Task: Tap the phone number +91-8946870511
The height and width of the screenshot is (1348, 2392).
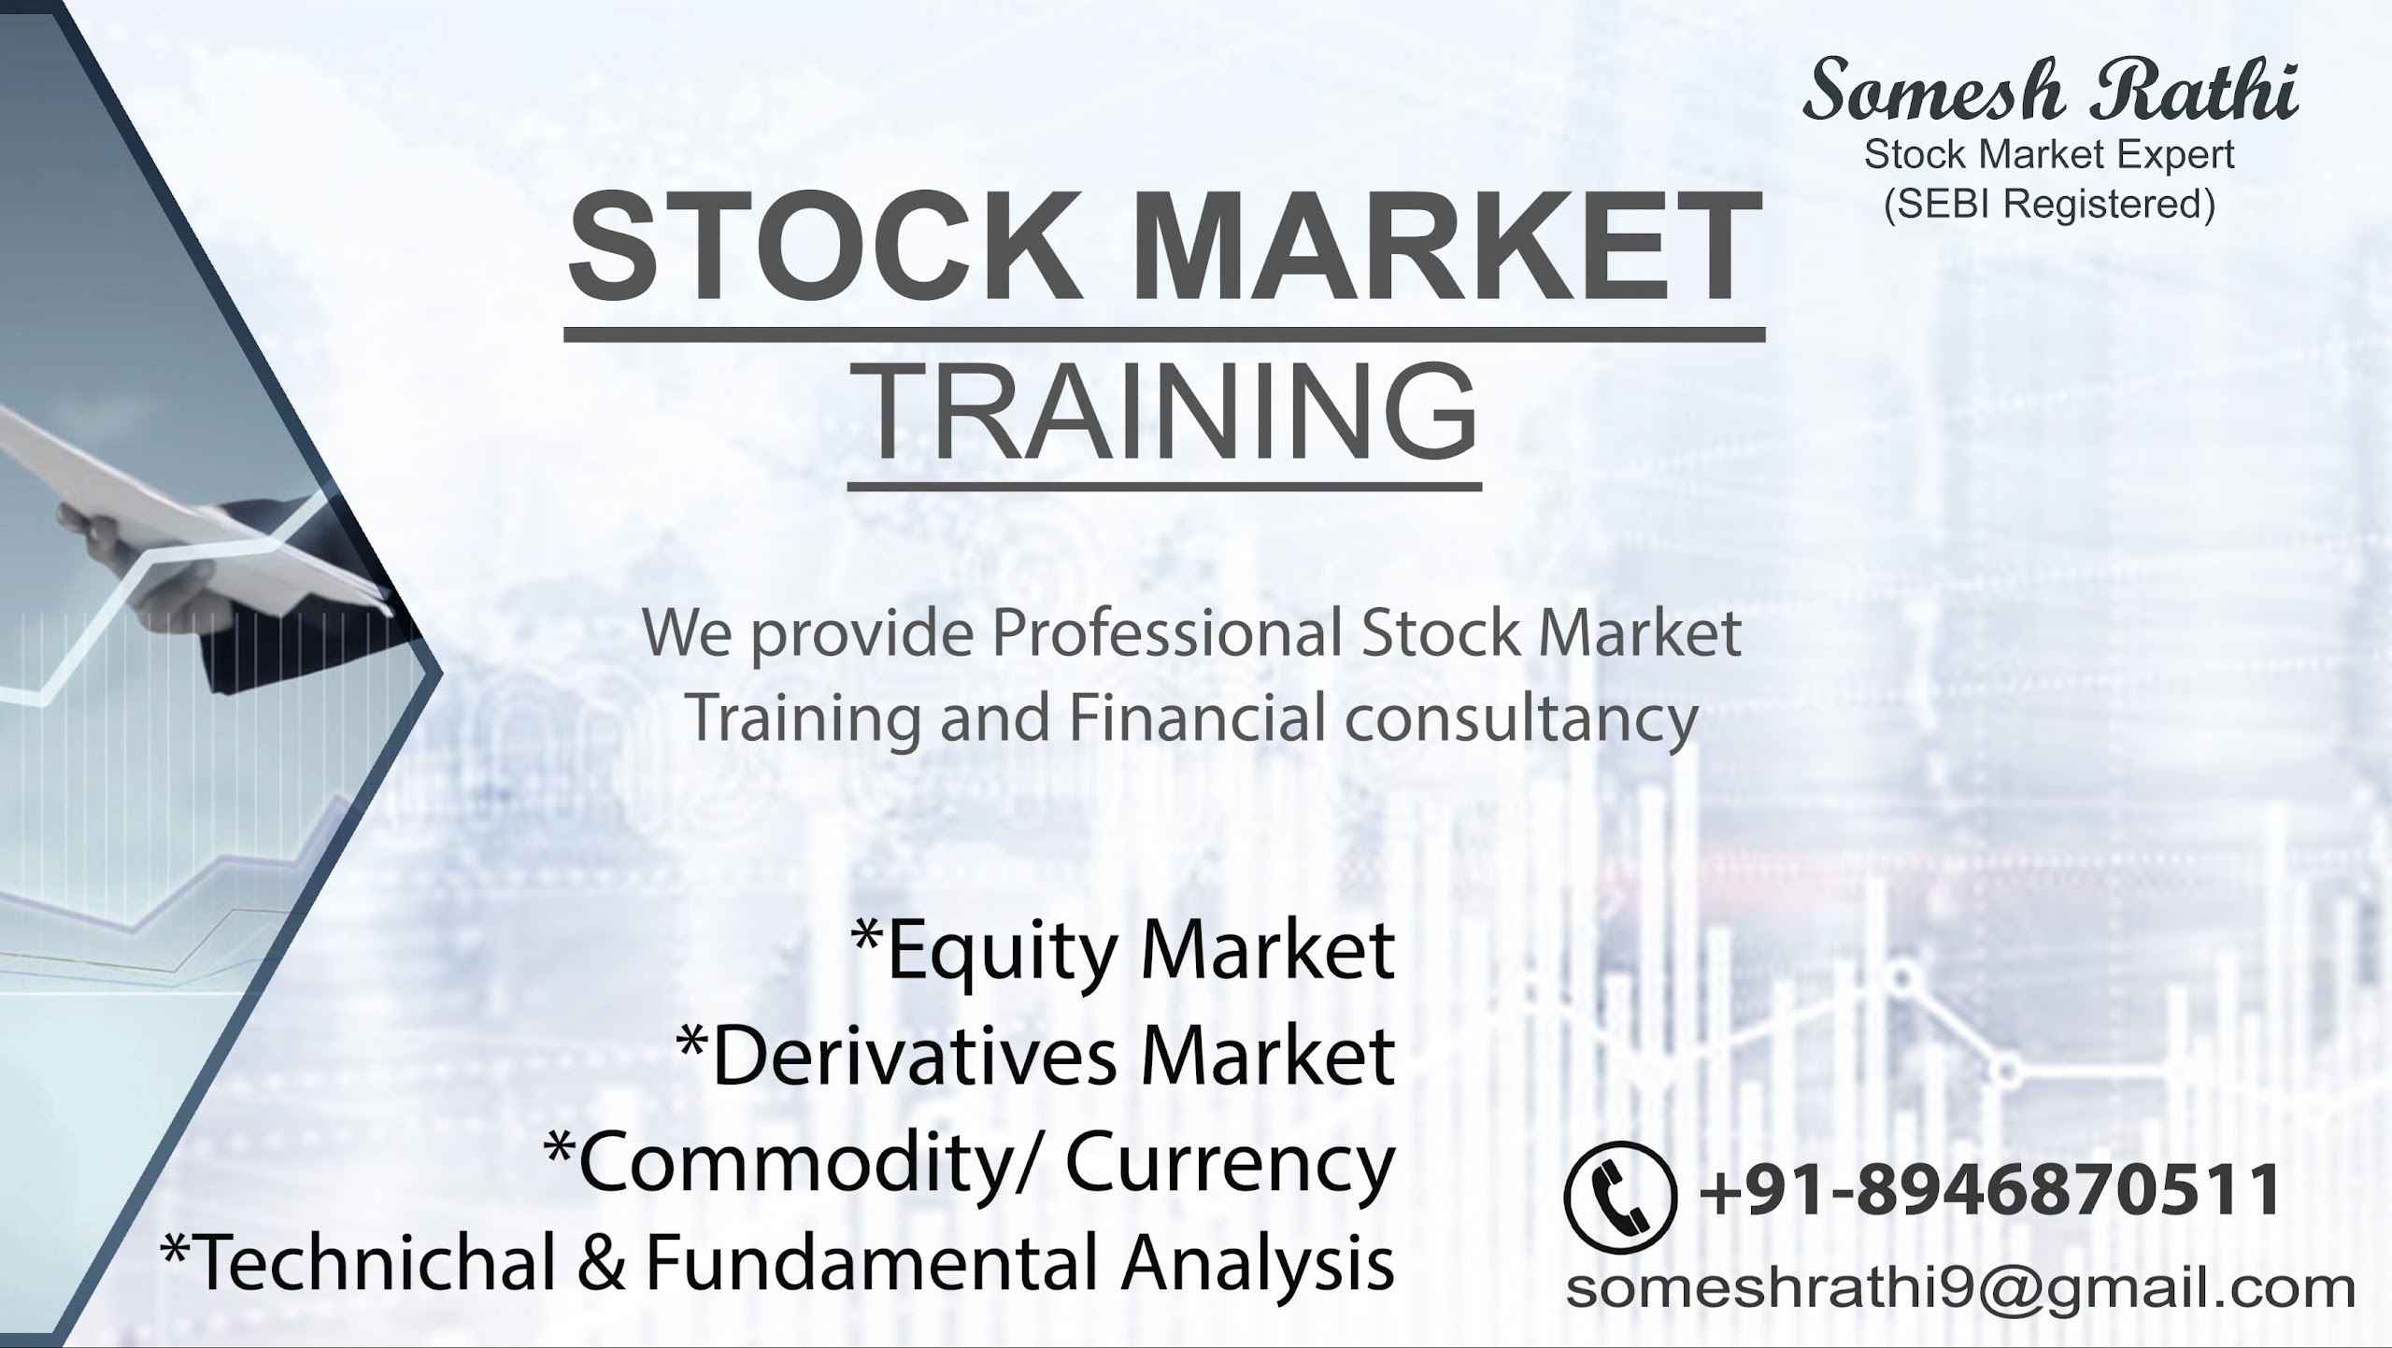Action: pos(1991,1190)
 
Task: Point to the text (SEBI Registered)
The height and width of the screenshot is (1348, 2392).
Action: pos(2050,204)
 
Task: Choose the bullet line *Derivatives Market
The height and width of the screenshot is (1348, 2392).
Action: pos(1036,1056)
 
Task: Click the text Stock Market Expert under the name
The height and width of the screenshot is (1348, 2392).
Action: pos(2050,154)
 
